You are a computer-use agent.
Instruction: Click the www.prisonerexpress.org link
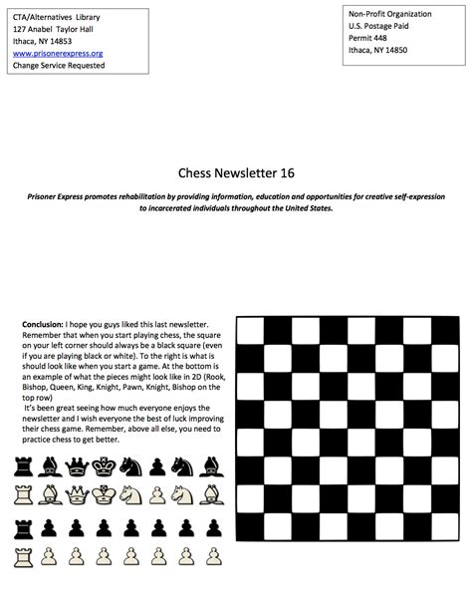pos(58,53)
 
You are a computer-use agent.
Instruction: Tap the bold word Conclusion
pos(41,325)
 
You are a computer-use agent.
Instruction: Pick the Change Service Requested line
pos(59,65)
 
